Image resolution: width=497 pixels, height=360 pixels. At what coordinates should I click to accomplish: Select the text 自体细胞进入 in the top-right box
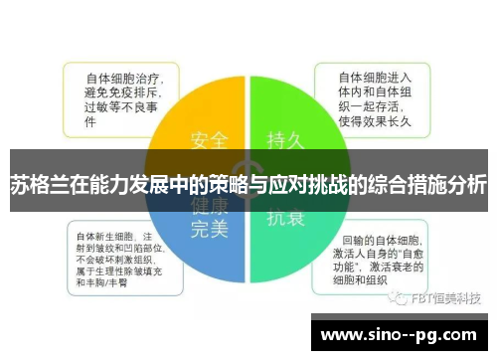376,76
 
